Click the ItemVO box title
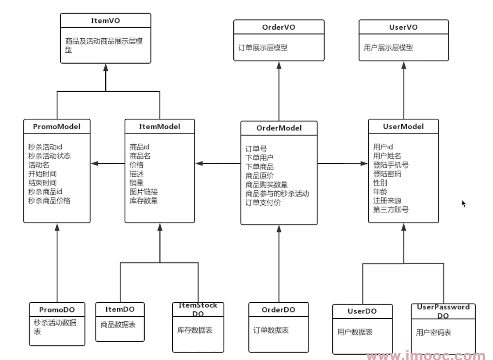pyautogui.click(x=105, y=21)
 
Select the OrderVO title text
pyautogui.click(x=279, y=27)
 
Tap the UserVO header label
pyautogui.click(x=403, y=27)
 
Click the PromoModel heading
pyautogui.click(x=57, y=127)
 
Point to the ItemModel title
pyautogui.click(x=160, y=127)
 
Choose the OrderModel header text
pyautogui.click(x=279, y=128)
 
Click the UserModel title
pyautogui.click(x=403, y=127)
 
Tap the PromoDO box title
pyautogui.click(x=57, y=310)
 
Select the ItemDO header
pyautogui.click(x=120, y=310)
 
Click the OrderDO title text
pyautogui.click(x=278, y=310)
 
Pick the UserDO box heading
pyautogui.click(x=362, y=311)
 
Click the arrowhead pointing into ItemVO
pyautogui.click(x=106, y=67)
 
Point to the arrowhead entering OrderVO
pyautogui.click(x=279, y=65)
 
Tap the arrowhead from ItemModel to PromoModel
pyautogui.click(x=95, y=164)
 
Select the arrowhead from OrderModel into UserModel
pyautogui.click(x=364, y=164)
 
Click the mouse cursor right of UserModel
pyautogui.click(x=464, y=203)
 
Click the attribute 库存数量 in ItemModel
pyautogui.click(x=144, y=201)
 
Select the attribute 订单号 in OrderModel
pyautogui.click(x=256, y=149)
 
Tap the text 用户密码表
pyautogui.click(x=434, y=333)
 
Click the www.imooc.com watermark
pyautogui.click(x=427, y=356)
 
